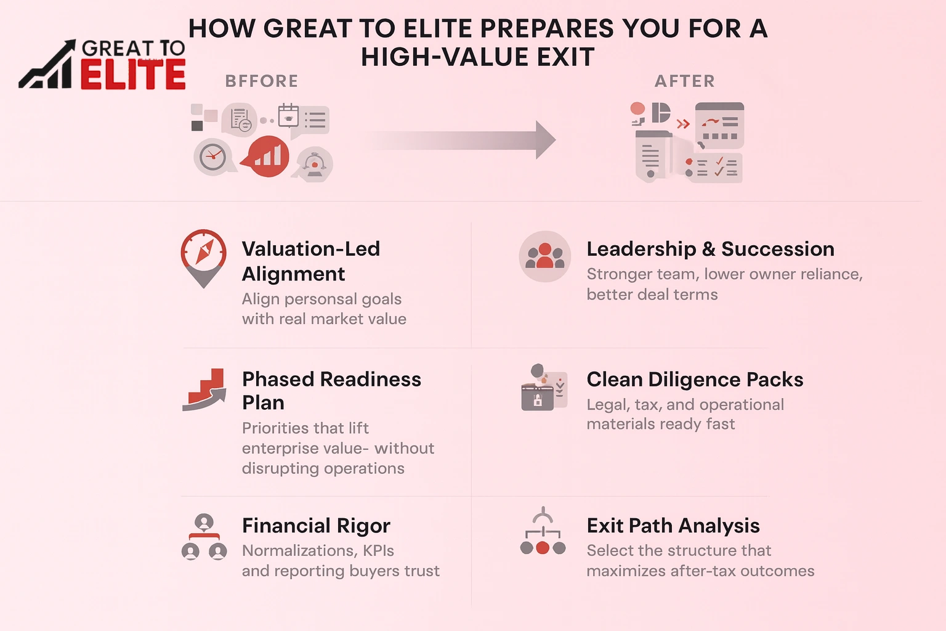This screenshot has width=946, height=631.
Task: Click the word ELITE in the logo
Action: (x=132, y=75)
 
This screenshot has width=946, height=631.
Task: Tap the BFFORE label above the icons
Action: (x=262, y=81)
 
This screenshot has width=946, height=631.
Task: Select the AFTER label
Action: (x=685, y=81)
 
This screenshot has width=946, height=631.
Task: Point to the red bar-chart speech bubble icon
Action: (x=267, y=157)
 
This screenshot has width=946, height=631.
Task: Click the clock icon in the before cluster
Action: (x=213, y=157)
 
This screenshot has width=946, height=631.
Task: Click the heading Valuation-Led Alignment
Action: (x=311, y=261)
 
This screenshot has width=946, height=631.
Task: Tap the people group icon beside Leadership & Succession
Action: (x=544, y=256)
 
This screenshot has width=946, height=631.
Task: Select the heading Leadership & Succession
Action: (x=710, y=249)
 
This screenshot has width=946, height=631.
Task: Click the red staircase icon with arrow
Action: (x=204, y=389)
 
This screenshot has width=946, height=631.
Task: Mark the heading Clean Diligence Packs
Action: (x=695, y=380)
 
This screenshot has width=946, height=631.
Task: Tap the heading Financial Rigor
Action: (x=316, y=526)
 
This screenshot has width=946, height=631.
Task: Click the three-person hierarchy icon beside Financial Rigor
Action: (x=204, y=537)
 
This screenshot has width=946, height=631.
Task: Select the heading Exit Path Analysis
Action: (x=673, y=526)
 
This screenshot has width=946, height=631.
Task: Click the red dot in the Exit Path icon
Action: (x=543, y=548)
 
